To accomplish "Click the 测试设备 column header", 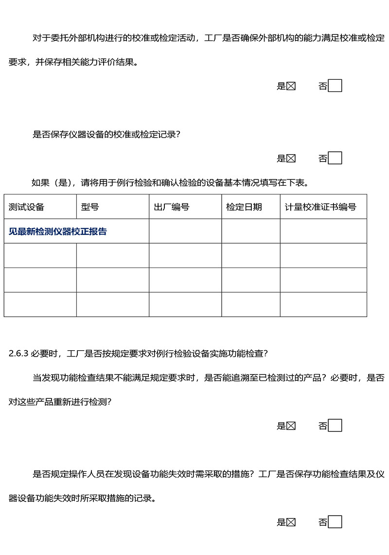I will (x=27, y=207).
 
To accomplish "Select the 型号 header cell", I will (x=90, y=207).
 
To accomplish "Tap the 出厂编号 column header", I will (x=171, y=207).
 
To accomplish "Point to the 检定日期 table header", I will (x=244, y=207).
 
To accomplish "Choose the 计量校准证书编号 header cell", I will (x=320, y=207).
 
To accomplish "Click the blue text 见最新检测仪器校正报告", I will (x=58, y=232).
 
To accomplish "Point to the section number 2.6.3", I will (x=19, y=353).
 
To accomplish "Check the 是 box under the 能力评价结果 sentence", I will (x=291, y=87).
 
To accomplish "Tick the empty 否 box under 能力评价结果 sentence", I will (x=335, y=86).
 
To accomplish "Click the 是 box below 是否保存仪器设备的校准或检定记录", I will (x=291, y=158).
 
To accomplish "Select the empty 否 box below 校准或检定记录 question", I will (x=335, y=158).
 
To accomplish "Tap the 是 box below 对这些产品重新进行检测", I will (x=291, y=426).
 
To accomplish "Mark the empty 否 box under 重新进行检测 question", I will (x=335, y=426).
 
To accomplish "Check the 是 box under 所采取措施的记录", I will (x=291, y=522).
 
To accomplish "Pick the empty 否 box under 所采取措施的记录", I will (x=335, y=522).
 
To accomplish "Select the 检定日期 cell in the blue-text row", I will (x=251, y=231).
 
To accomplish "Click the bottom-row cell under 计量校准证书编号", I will (x=323, y=304).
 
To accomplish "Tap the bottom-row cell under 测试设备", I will (x=40, y=304).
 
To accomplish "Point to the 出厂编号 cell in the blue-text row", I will (x=185, y=231).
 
